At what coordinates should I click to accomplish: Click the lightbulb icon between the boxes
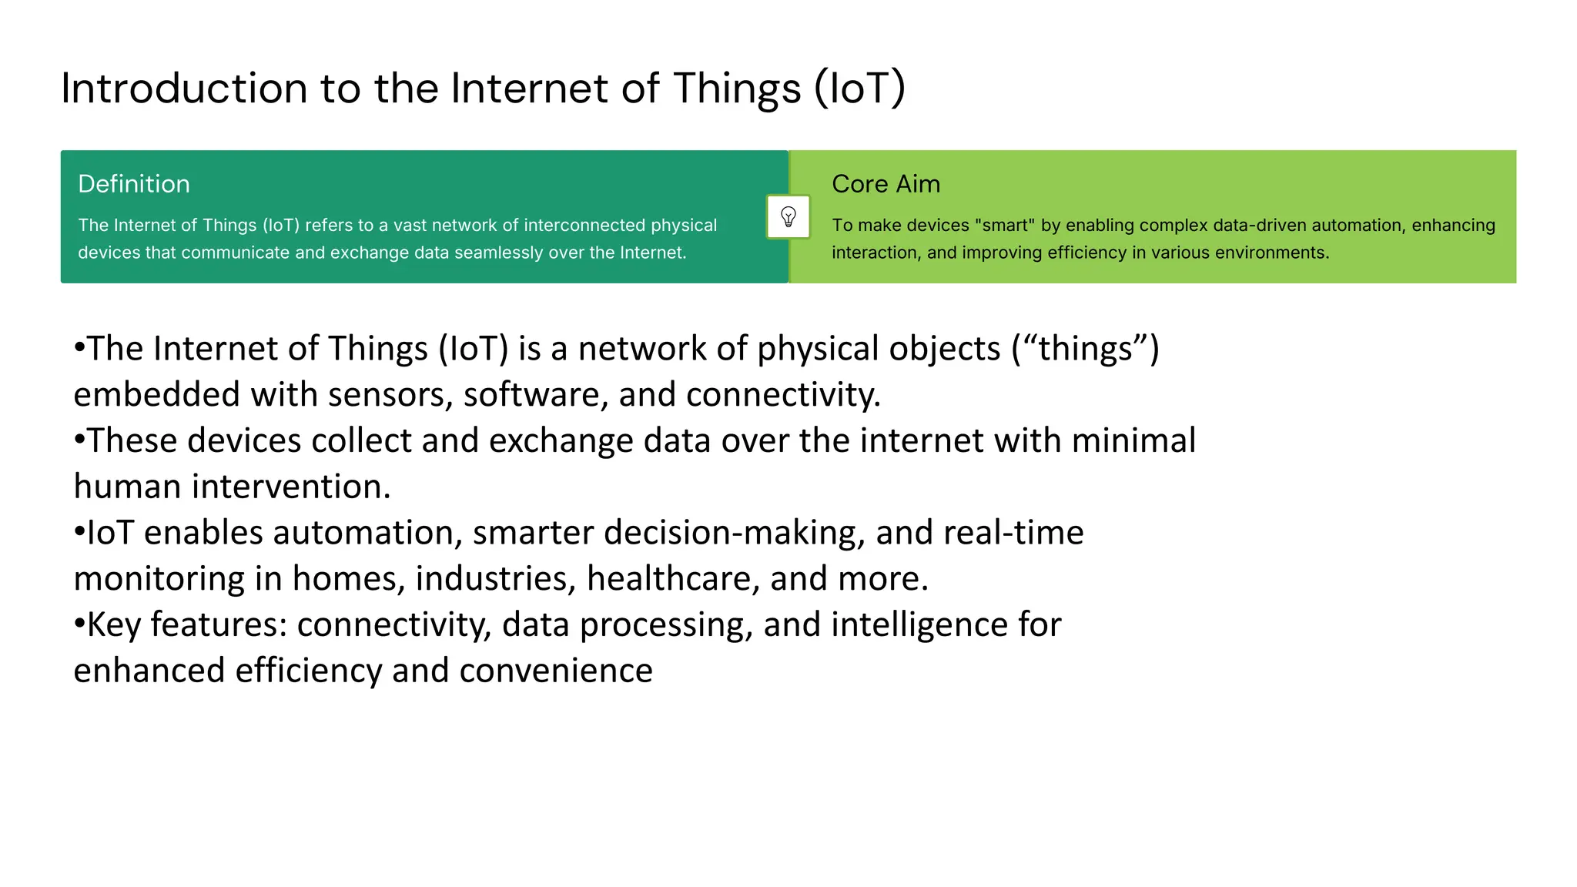788,217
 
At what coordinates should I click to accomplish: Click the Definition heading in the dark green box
134,184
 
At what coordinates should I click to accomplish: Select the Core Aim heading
886,184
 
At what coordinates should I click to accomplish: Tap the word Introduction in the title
183,88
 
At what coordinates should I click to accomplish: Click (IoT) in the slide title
859,88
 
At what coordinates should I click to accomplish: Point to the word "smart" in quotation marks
1004,226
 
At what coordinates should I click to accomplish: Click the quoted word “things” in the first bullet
1084,349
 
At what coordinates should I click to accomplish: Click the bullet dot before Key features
79,624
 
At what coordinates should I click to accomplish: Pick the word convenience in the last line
556,671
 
